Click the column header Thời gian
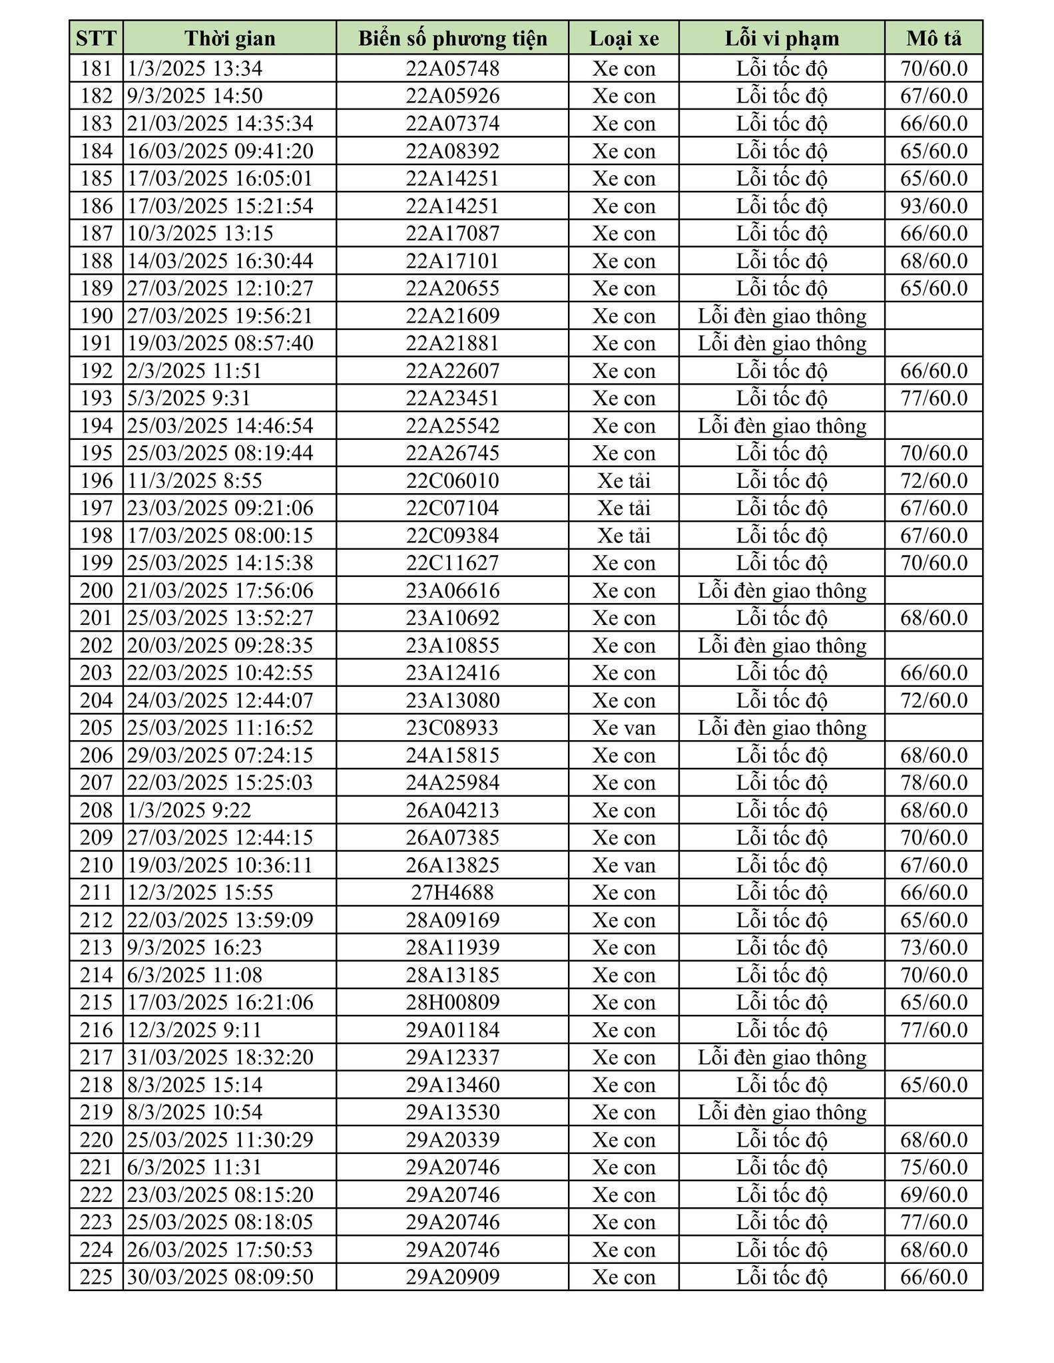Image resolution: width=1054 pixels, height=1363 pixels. tap(230, 38)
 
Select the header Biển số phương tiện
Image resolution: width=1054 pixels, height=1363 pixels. tap(453, 38)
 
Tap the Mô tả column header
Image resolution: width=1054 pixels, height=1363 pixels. tap(933, 38)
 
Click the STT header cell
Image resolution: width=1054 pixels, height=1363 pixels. tap(97, 38)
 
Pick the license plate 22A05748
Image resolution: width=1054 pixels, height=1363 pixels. tap(453, 69)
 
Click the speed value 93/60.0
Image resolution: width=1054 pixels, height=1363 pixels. tap(933, 206)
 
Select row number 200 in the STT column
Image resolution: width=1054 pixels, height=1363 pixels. tap(97, 590)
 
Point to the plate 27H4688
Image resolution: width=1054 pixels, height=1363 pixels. tap(453, 892)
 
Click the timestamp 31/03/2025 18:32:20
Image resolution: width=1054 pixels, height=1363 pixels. tap(220, 1057)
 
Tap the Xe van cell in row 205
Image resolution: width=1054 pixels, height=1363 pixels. tap(624, 727)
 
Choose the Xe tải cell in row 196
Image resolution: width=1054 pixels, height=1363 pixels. tap(624, 481)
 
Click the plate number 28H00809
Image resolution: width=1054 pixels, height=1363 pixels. tap(453, 1002)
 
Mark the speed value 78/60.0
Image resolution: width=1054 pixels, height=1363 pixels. tap(933, 782)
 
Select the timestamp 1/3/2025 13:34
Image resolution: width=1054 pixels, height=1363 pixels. tap(195, 69)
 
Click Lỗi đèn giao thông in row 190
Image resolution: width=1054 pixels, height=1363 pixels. tap(782, 315)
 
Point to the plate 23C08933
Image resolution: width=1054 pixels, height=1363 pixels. tap(453, 727)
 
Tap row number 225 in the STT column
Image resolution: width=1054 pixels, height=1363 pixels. tap(97, 1276)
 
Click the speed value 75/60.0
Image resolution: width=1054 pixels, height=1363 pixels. tap(933, 1167)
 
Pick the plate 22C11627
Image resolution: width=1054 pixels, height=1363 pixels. tap(453, 563)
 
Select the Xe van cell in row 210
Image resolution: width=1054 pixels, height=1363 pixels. tap(624, 865)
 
